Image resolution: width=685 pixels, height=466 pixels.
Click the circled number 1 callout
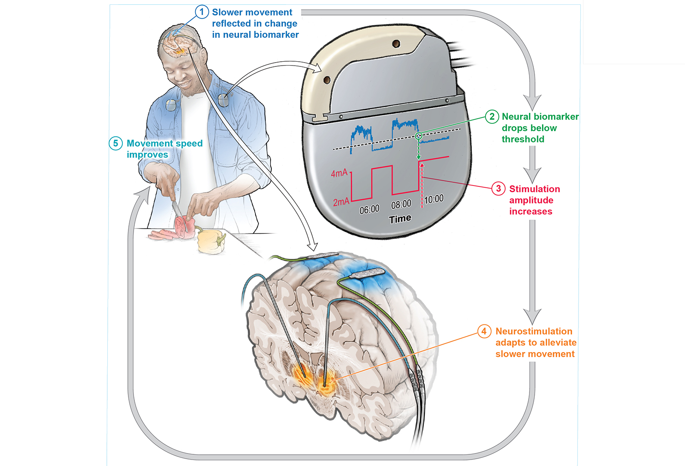tap(202, 12)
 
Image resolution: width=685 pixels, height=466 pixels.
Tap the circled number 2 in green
tap(492, 116)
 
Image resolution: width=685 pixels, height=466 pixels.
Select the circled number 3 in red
tap(498, 189)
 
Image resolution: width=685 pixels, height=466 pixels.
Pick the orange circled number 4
tap(484, 331)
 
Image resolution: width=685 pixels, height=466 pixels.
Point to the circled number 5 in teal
tap(115, 143)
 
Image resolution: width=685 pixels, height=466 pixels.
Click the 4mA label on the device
tap(339, 173)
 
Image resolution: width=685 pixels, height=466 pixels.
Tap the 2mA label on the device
tap(341, 202)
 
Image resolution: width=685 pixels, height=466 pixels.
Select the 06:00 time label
tap(369, 210)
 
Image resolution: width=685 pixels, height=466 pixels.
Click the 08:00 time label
tap(401, 204)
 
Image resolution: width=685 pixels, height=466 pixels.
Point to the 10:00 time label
tap(434, 199)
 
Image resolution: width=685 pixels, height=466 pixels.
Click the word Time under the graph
tap(400, 219)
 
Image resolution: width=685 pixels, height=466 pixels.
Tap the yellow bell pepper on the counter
tap(211, 242)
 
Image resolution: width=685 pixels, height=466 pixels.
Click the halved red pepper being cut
tap(185, 227)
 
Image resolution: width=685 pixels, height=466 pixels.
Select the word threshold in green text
tap(523, 139)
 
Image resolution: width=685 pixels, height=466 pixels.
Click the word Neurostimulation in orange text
tap(534, 331)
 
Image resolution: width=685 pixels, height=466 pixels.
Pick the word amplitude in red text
tap(531, 200)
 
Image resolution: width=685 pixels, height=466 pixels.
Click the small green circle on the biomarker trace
tap(418, 136)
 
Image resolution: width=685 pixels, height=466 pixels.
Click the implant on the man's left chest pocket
tap(223, 100)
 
